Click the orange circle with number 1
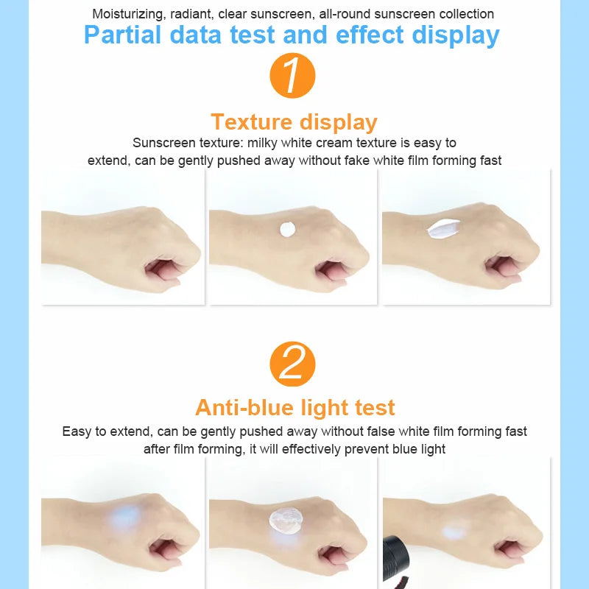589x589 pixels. point(292,76)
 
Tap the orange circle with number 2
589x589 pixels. point(292,364)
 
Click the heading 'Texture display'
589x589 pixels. point(294,122)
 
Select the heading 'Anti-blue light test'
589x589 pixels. point(295,408)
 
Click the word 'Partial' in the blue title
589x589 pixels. point(122,35)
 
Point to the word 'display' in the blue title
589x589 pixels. point(455,35)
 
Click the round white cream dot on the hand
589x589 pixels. point(288,230)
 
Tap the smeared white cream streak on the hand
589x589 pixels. point(443,228)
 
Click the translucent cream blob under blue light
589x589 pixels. point(286,520)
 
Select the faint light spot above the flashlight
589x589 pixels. point(453,531)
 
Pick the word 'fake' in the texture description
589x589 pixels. point(357,161)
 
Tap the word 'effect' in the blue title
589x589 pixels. point(370,35)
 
